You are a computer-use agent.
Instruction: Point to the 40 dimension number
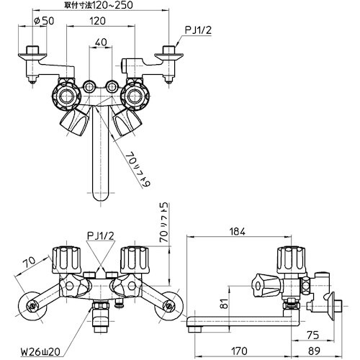click(x=101, y=42)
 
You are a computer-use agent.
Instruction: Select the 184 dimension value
click(x=239, y=232)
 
